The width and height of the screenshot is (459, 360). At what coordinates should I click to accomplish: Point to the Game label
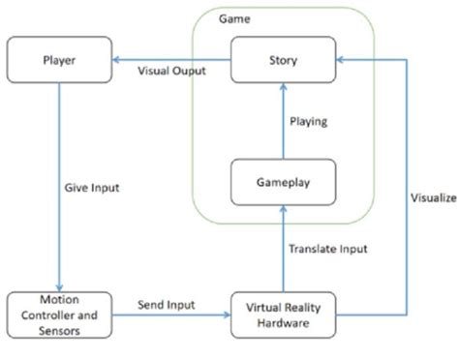pyautogui.click(x=231, y=18)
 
